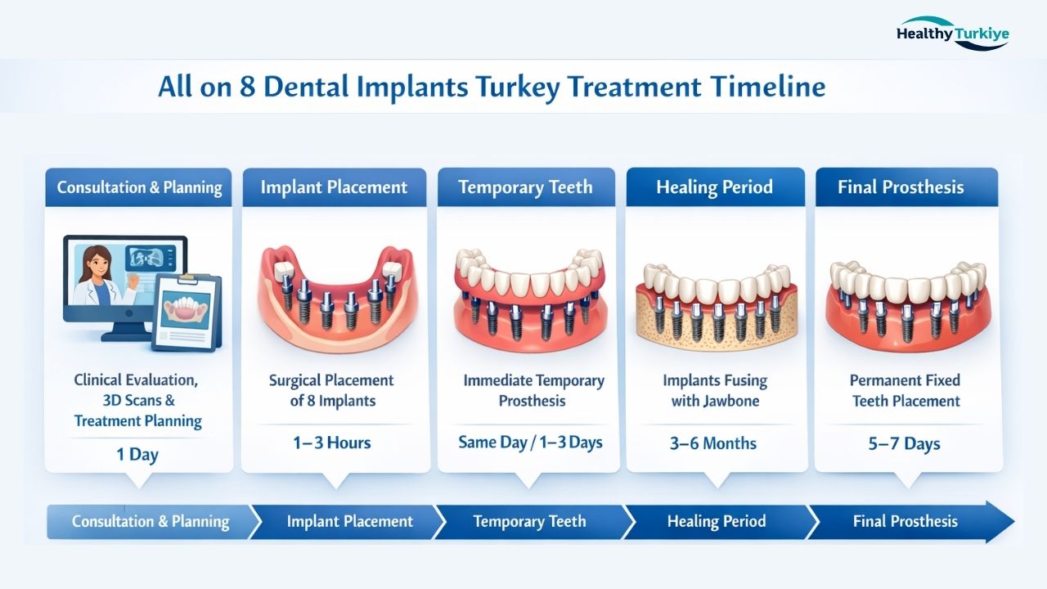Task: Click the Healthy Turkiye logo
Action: (952, 34)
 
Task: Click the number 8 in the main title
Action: (248, 87)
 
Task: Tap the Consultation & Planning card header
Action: (139, 187)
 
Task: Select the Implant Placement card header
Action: (334, 187)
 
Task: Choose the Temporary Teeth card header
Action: (525, 187)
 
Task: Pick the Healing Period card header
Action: (714, 187)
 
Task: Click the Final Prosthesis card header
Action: (901, 187)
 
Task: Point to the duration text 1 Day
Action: (137, 455)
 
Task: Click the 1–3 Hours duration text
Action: (332, 443)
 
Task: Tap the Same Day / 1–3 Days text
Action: (530, 443)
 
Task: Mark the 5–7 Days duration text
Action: (904, 444)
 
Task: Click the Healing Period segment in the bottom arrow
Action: (717, 521)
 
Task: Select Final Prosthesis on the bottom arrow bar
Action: (905, 521)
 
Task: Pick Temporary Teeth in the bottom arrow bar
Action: (529, 521)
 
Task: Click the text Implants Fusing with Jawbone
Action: (715, 390)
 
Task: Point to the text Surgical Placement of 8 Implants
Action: (332, 390)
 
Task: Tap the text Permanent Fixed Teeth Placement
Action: (905, 390)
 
